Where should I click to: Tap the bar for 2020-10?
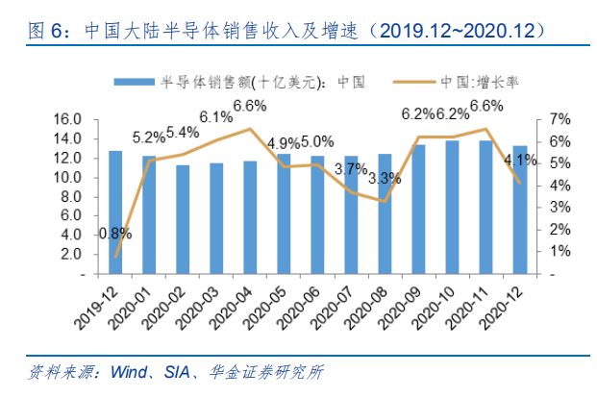tap(452, 208)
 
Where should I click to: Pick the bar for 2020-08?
tap(385, 213)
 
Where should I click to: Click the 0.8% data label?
tap(115, 233)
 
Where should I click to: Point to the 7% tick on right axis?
tap(560, 119)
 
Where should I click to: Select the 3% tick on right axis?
tap(560, 208)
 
